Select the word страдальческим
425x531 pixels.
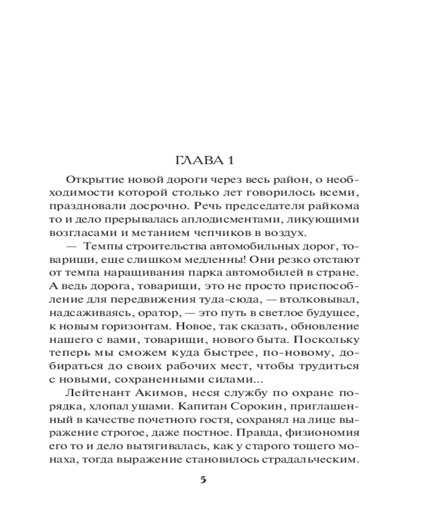click(312, 461)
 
